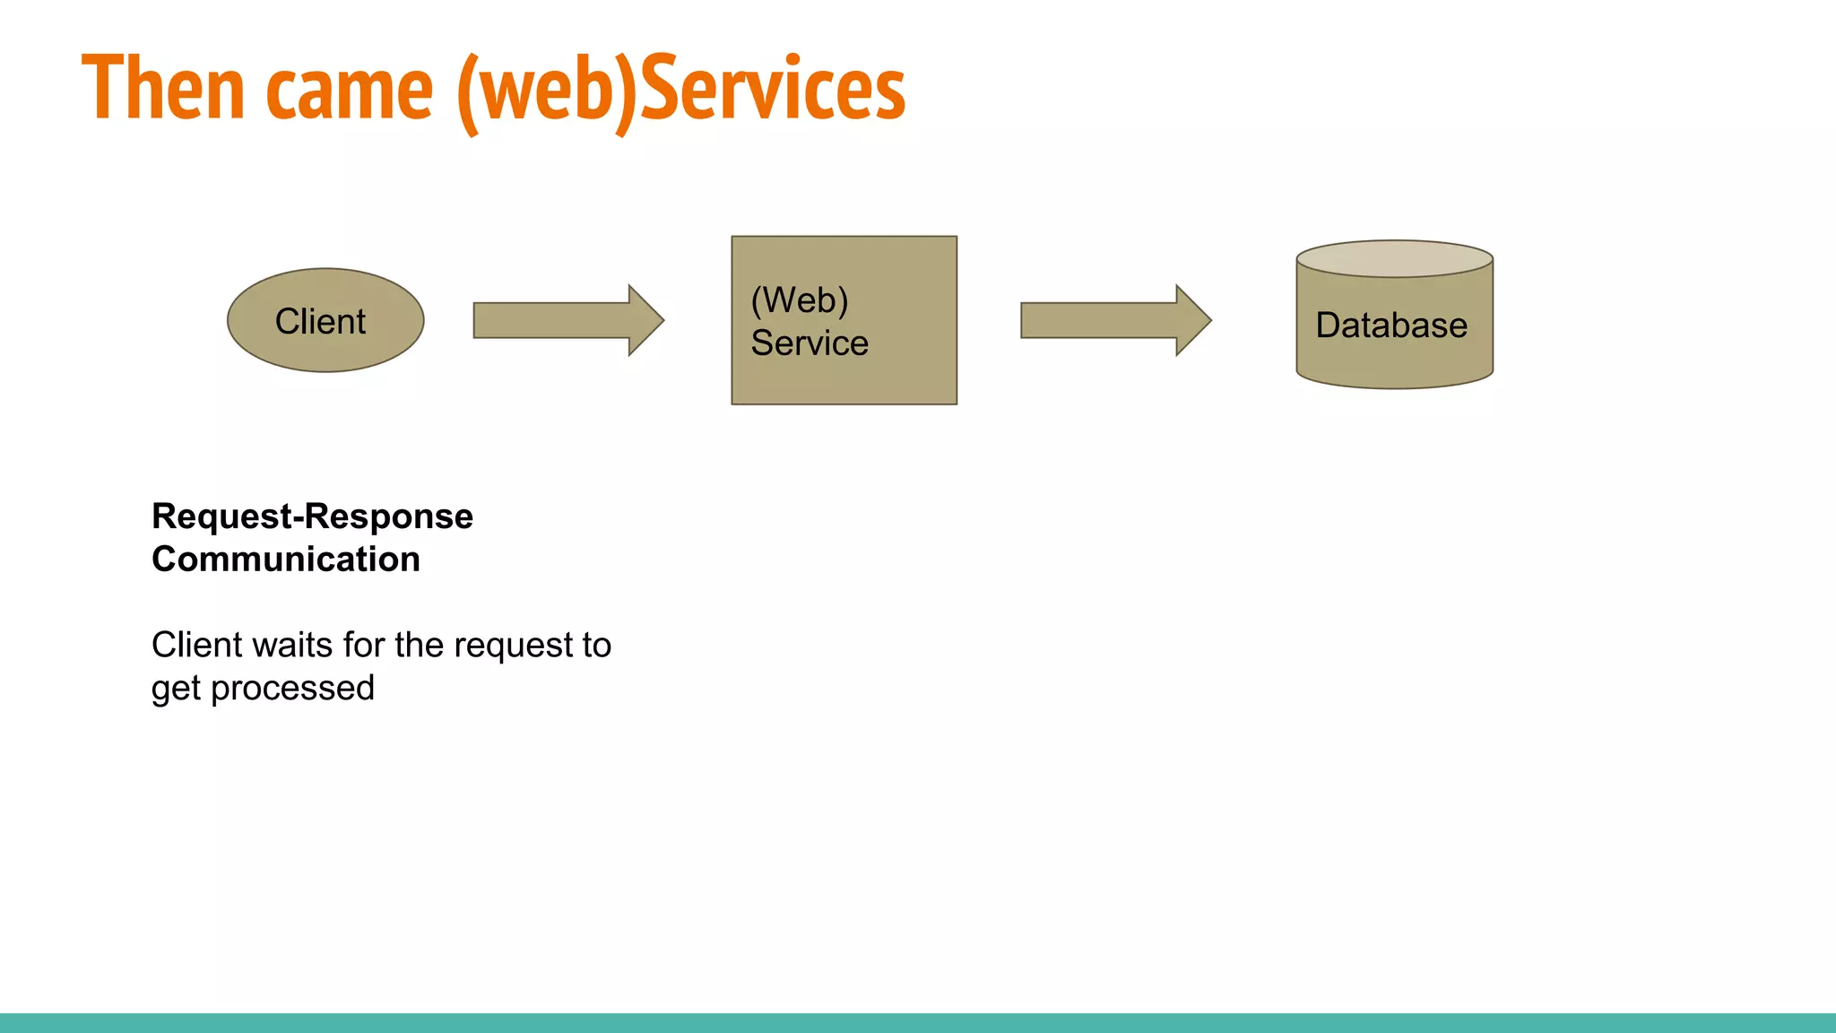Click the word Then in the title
[x=162, y=88]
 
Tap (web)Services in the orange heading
[x=681, y=90]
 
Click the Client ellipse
[x=325, y=320]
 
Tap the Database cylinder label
[x=1391, y=325]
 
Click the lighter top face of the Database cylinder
[x=1394, y=258]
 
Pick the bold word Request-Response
[x=312, y=516]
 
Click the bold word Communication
[x=286, y=560]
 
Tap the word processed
[x=292, y=689]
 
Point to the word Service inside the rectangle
[x=810, y=343]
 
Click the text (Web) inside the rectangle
[x=800, y=300]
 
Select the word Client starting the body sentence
[x=196, y=646]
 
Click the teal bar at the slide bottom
[x=918, y=1023]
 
